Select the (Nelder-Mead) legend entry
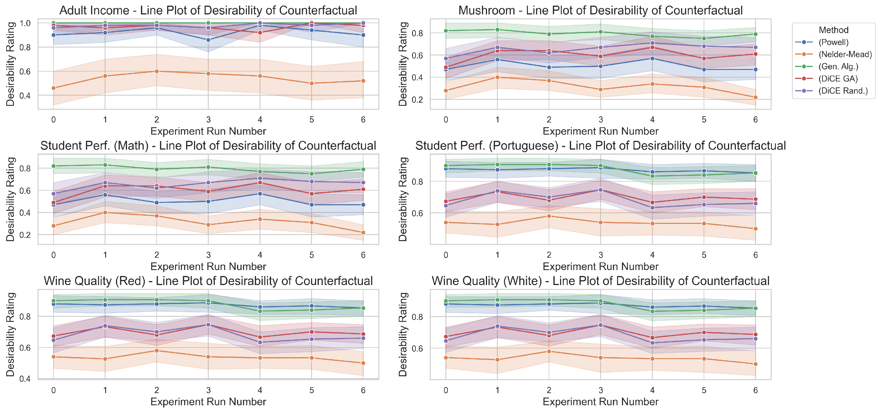[833, 54]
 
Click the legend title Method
[834, 30]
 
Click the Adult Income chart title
[208, 10]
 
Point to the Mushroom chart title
[600, 10]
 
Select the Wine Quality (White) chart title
[600, 281]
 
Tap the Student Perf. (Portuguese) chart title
[600, 146]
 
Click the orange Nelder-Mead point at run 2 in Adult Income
[157, 71]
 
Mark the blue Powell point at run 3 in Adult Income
[208, 40]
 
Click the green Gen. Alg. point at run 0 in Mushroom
[446, 31]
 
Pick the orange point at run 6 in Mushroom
[755, 97]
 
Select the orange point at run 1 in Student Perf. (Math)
[105, 212]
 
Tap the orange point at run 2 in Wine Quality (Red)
[157, 351]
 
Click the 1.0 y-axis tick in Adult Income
[25, 23]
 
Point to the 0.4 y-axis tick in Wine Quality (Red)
[25, 379]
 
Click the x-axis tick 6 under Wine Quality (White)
[755, 390]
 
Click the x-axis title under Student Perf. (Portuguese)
[600, 266]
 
